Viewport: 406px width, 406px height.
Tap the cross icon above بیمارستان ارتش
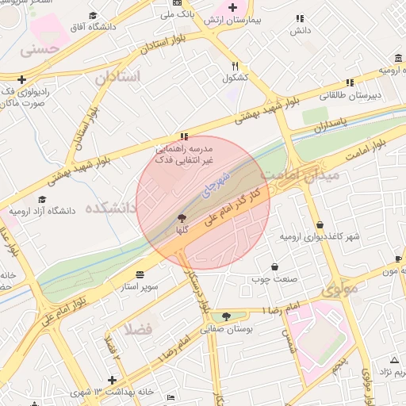pyautogui.click(x=232, y=7)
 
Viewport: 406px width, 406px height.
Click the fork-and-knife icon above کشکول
pyautogui.click(x=235, y=67)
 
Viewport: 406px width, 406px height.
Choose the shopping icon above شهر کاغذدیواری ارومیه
pyautogui.click(x=320, y=225)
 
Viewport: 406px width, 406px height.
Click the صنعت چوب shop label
pyautogui.click(x=274, y=279)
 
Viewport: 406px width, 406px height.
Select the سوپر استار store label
pyautogui.click(x=140, y=285)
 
